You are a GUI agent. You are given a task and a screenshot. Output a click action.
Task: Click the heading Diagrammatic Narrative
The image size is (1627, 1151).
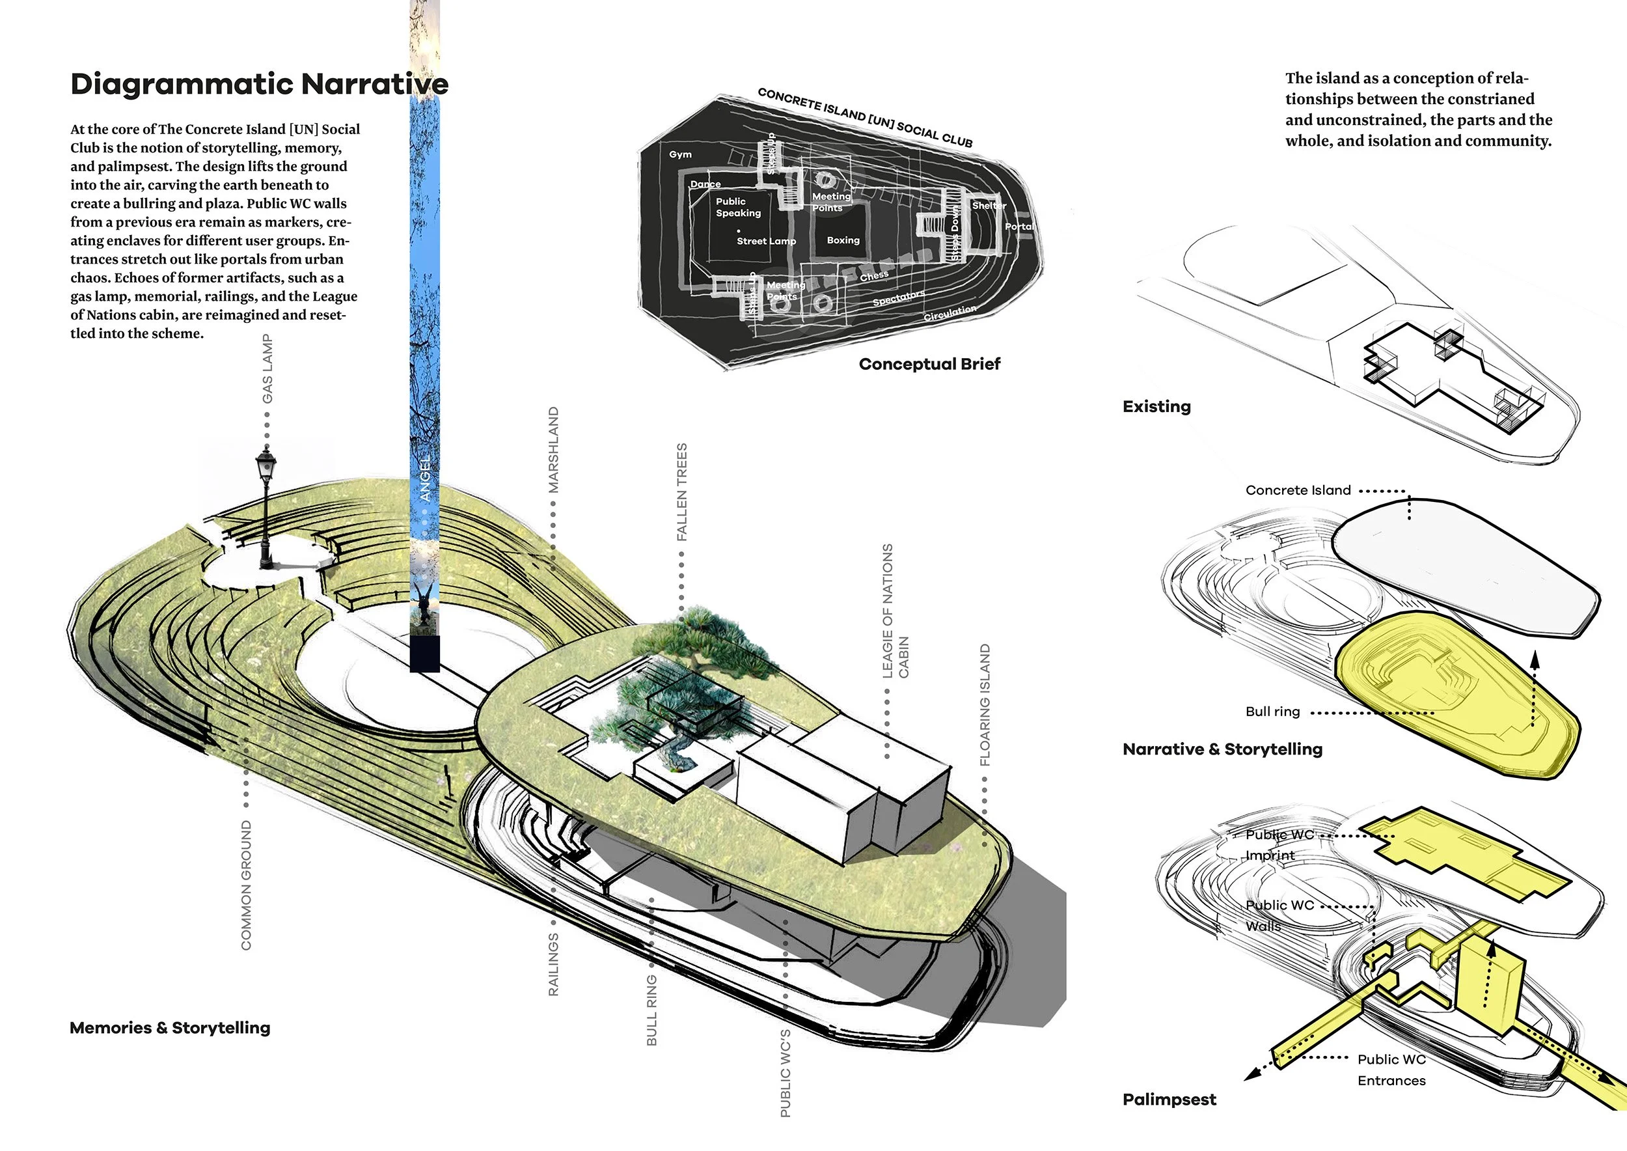[x=260, y=83]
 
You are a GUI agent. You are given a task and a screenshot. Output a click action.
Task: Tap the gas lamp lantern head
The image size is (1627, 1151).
[x=266, y=464]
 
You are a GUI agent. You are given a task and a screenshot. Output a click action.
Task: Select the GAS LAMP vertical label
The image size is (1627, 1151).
[x=267, y=368]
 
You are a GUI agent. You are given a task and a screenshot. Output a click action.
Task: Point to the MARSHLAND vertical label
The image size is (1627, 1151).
[x=553, y=450]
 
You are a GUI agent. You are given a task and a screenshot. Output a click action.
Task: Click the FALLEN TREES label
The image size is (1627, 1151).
[x=681, y=492]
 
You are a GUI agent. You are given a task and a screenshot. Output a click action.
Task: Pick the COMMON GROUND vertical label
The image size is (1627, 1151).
[x=246, y=885]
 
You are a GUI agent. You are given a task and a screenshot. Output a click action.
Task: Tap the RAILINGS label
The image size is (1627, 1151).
[x=553, y=965]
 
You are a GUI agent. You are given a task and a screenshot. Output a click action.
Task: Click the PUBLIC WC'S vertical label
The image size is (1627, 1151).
[x=785, y=1073]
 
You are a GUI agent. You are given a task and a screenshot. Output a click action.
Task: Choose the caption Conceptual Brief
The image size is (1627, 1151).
[x=929, y=365]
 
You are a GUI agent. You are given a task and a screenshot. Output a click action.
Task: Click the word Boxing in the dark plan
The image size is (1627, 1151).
[x=843, y=240]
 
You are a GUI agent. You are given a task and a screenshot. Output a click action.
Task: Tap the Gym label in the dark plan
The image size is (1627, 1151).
[x=680, y=154]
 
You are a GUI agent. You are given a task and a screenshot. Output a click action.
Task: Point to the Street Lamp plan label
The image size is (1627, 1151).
[x=766, y=241]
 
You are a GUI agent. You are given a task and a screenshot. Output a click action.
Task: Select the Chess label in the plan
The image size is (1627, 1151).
[x=874, y=275]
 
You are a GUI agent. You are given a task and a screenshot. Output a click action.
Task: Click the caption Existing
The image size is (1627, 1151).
[x=1156, y=407]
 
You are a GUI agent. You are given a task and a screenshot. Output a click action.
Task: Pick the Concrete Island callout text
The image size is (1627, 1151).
[x=1298, y=490]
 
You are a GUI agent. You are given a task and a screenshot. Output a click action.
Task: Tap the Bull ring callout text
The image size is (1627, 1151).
[x=1273, y=712]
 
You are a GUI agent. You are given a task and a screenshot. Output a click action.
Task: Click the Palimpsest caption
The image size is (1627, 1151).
[x=1169, y=1100]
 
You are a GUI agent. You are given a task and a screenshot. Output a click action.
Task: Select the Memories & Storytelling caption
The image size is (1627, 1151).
[x=170, y=1028]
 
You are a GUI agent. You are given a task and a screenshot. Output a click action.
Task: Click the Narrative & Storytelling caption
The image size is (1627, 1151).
[x=1222, y=749]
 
